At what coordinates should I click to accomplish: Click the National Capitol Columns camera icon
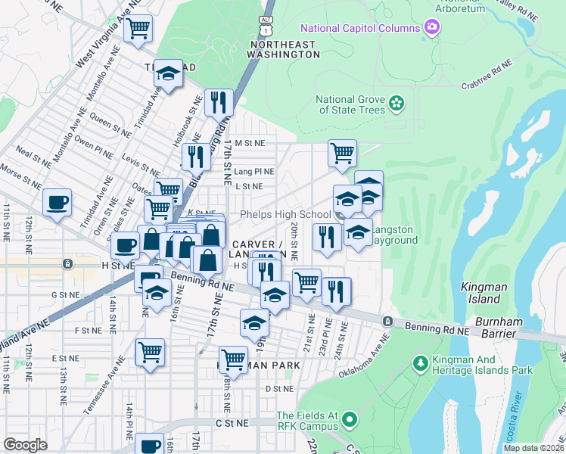432,28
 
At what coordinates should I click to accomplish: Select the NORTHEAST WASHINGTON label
281,50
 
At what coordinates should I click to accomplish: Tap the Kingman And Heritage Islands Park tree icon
420,364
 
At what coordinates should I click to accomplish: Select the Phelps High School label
285,215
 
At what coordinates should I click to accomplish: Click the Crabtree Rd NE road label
486,79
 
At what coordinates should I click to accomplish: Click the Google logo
26,445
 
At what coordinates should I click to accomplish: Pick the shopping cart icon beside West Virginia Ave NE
138,28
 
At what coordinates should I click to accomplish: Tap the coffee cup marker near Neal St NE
57,202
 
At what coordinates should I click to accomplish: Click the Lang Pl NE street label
254,172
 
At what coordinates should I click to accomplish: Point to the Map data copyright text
533,448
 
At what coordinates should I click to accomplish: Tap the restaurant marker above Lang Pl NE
195,157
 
